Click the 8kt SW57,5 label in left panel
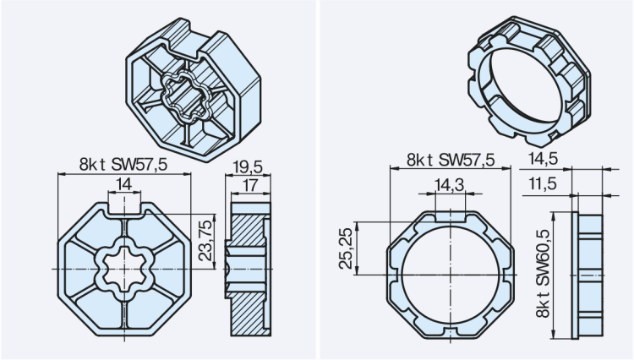pos(123,164)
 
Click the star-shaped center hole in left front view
pos(124,269)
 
